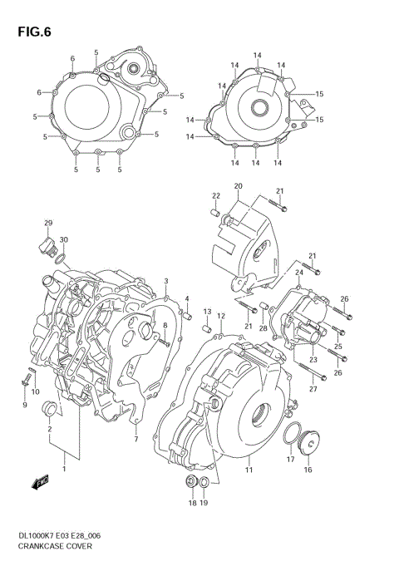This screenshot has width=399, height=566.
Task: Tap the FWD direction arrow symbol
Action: point(41,481)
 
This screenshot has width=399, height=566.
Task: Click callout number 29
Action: point(48,223)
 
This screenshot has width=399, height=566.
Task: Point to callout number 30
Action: point(64,240)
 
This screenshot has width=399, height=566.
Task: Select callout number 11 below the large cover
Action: point(248,470)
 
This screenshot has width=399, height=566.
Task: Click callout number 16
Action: point(308,470)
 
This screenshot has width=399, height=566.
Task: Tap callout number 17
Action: point(291,458)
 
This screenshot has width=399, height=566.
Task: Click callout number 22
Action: point(215,196)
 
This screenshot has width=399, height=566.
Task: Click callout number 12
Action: point(221,316)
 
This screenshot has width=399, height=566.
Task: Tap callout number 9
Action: point(25,405)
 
